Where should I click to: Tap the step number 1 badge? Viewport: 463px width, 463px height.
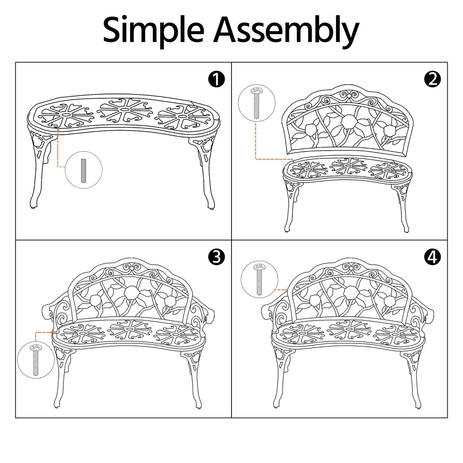216,79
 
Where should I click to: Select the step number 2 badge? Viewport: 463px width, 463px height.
432,79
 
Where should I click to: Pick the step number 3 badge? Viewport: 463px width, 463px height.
216,257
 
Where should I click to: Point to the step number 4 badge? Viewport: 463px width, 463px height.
432,257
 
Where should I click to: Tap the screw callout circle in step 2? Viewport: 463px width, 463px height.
256,103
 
